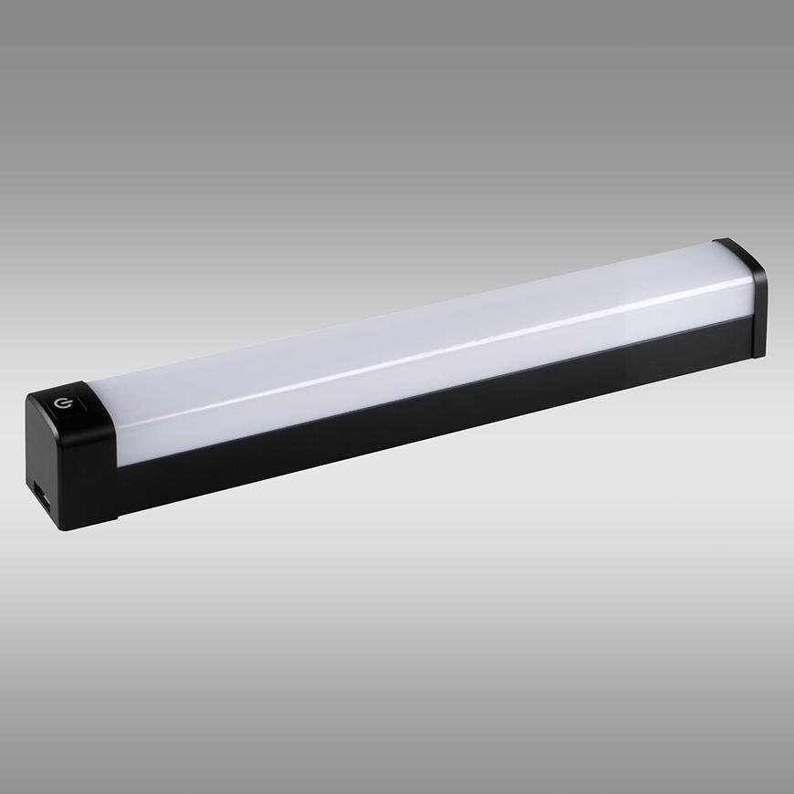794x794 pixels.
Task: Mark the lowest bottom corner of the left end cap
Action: click(x=61, y=530)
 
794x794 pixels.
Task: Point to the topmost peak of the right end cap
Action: click(x=730, y=239)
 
